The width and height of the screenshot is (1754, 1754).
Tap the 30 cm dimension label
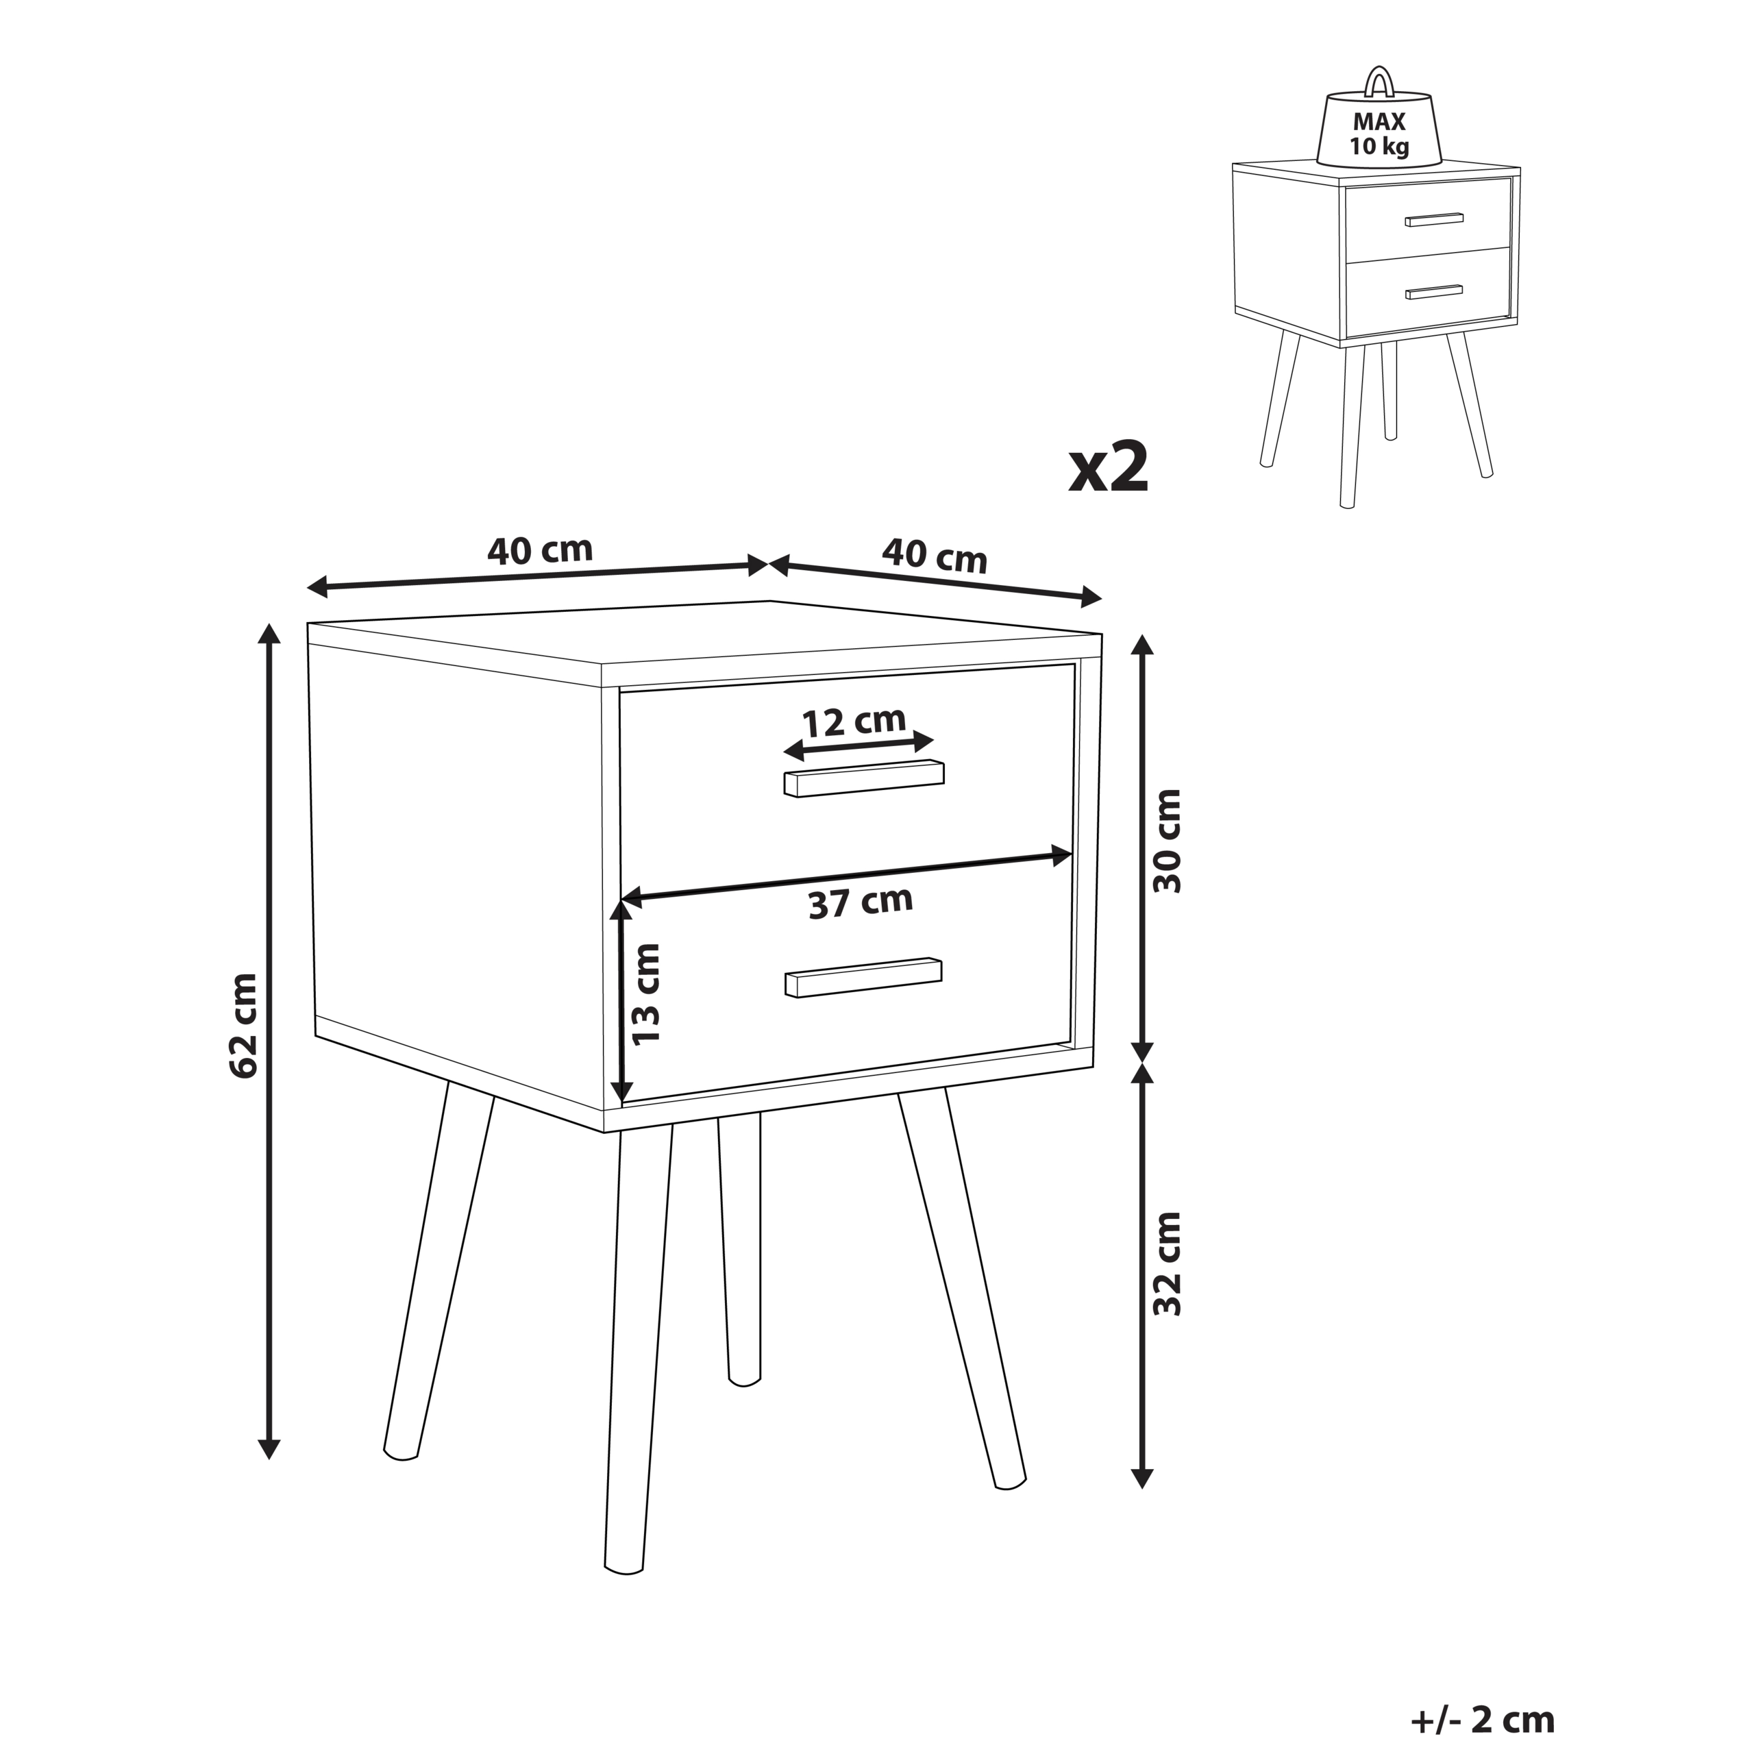1168,841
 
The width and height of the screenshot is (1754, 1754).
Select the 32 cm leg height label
1168,1263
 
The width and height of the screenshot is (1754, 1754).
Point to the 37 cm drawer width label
861,902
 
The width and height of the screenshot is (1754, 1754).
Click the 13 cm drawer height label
645,994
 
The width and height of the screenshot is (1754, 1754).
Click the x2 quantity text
1109,469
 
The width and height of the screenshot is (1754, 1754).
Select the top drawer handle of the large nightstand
864,779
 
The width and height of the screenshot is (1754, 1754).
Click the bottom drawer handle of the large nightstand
863,978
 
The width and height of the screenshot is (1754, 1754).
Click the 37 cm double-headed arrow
847,877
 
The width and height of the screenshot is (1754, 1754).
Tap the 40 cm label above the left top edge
540,550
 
